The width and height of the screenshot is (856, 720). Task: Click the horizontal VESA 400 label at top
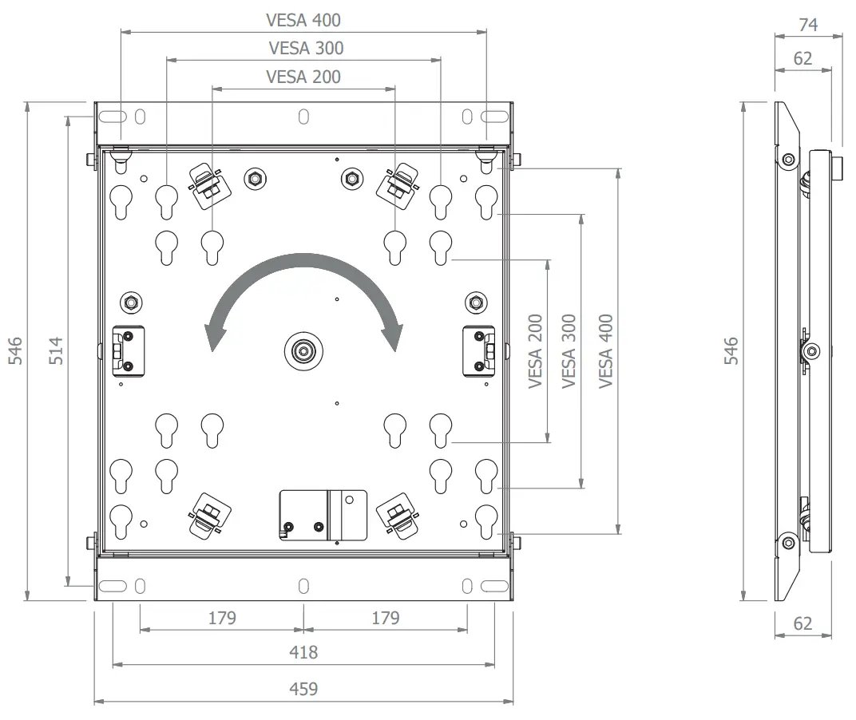303,19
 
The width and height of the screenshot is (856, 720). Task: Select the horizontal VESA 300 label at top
306,48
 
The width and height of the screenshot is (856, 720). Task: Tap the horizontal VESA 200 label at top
303,77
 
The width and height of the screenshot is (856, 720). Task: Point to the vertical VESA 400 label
606,350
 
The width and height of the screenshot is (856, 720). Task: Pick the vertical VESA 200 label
536,351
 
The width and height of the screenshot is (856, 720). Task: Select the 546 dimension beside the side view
731,350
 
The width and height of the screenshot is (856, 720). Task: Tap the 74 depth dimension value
808,25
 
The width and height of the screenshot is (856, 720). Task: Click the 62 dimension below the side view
802,623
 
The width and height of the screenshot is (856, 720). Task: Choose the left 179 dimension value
222,617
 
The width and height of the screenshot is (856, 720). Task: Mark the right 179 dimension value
386,617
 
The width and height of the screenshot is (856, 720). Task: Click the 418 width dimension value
303,652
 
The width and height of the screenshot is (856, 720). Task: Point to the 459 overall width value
303,688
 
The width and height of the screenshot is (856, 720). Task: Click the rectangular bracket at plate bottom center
323,515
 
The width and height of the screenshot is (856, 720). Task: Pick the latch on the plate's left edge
129,350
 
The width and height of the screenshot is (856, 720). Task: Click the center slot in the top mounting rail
303,116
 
